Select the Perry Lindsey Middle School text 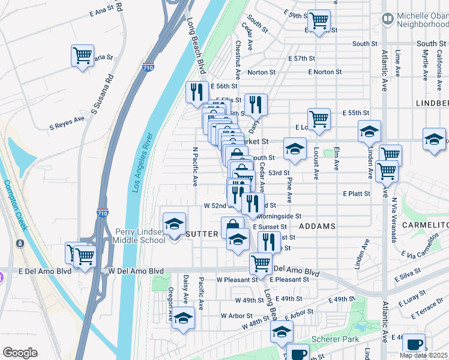point(140,236)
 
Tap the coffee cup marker point(414,344)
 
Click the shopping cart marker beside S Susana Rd point(82,56)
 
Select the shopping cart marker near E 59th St point(319,21)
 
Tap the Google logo point(20,353)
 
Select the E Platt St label point(358,194)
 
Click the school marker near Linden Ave point(370,132)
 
